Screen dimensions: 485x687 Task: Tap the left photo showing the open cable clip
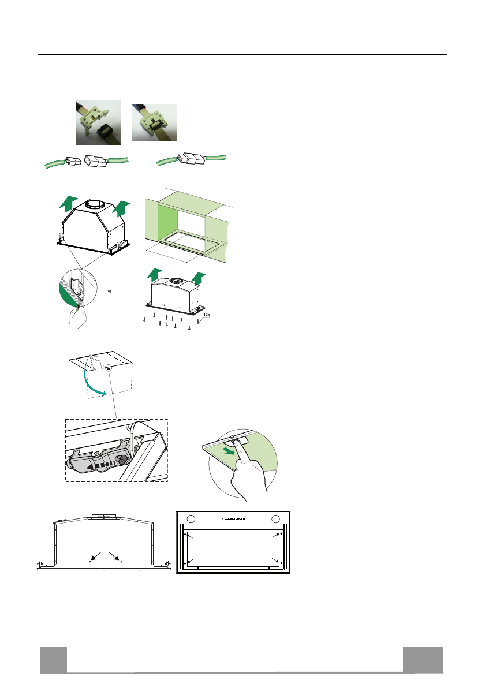98,122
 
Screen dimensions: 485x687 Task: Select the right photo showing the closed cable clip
154,122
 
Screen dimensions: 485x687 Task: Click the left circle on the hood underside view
192,517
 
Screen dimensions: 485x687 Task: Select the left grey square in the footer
53,659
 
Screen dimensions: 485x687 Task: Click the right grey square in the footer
423,659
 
